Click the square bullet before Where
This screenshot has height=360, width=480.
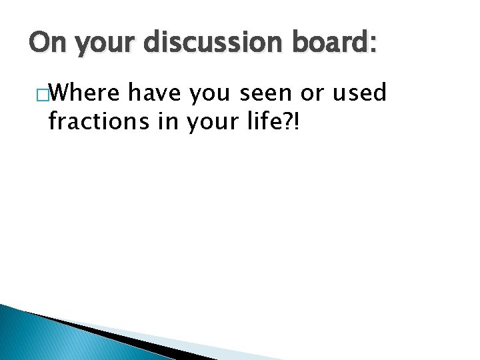click(42, 95)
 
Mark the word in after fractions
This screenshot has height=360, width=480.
click(169, 121)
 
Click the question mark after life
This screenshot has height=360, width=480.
click(294, 121)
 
